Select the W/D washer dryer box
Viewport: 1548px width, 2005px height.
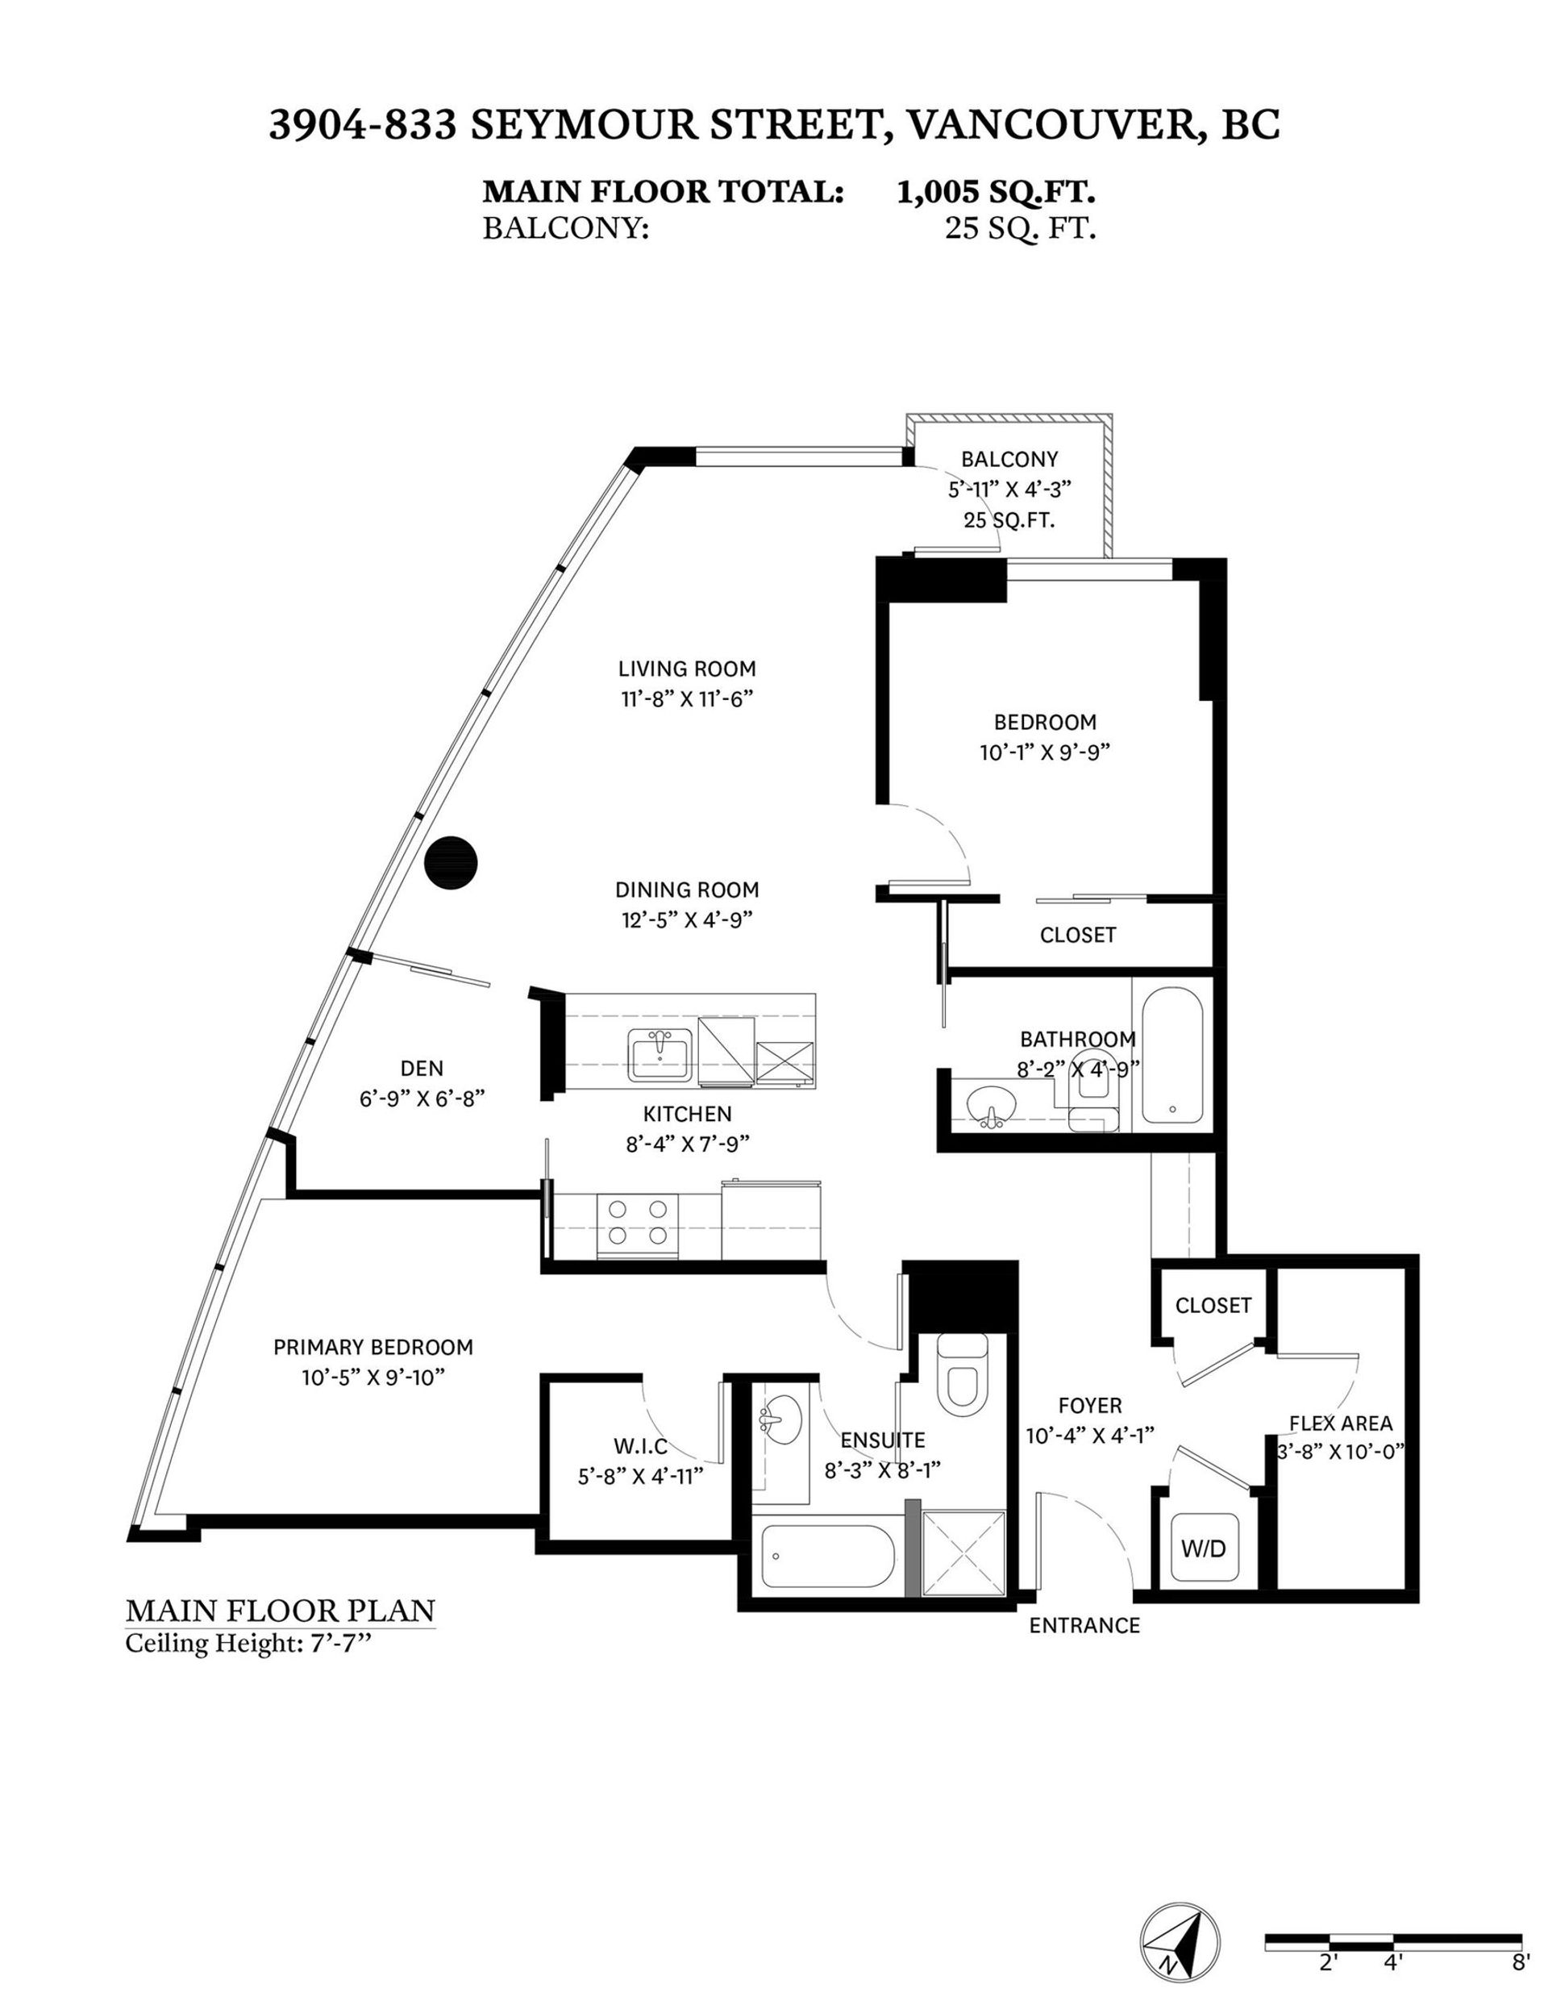(x=1203, y=1549)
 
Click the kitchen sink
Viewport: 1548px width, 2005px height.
(x=659, y=1055)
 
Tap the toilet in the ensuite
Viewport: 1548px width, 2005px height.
(x=962, y=1370)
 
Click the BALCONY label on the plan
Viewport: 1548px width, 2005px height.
(x=1009, y=459)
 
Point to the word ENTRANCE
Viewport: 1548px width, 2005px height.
(x=1084, y=1625)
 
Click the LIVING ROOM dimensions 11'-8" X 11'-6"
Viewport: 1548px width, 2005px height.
(x=686, y=698)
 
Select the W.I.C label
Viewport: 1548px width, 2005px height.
(x=639, y=1446)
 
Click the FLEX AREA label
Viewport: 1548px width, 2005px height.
(x=1341, y=1423)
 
